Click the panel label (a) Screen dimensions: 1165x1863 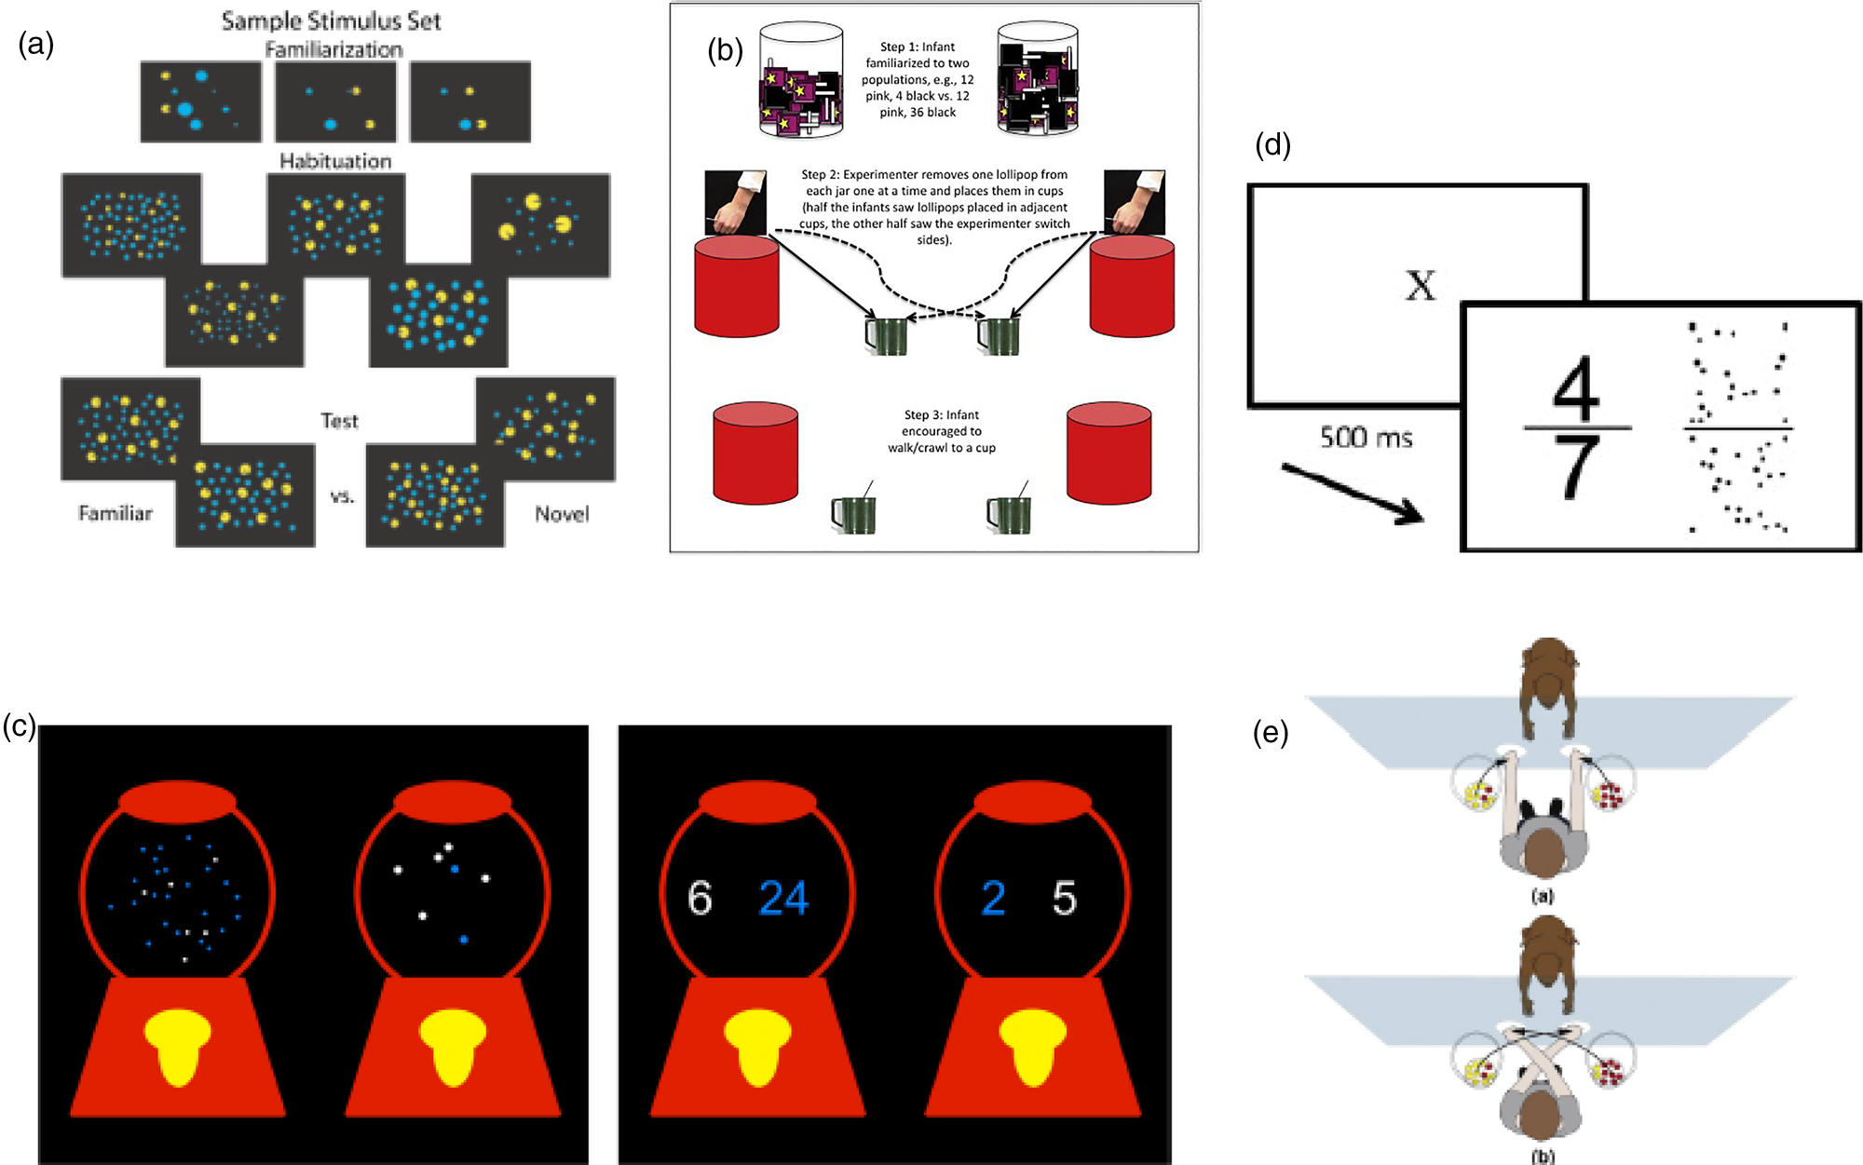click(36, 44)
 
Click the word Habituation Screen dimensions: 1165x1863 click(335, 161)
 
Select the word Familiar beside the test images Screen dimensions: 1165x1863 click(116, 513)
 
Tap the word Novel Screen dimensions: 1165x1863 click(562, 514)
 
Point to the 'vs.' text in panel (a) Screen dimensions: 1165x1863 click(342, 496)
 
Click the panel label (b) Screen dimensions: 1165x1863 click(725, 50)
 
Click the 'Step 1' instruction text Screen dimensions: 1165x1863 click(918, 79)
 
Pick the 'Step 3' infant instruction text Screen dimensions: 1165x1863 click(941, 431)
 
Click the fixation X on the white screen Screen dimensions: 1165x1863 click(1420, 285)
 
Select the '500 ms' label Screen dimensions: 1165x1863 click(1366, 437)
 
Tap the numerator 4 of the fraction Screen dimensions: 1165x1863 click(1576, 388)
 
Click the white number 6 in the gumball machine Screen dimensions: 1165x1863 click(700, 899)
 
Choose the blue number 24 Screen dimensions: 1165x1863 click(783, 899)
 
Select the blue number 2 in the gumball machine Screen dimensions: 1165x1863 click(993, 899)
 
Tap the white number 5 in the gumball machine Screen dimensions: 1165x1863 click(1065, 899)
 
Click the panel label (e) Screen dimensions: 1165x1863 click(1271, 734)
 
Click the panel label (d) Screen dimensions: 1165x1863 click(1272, 144)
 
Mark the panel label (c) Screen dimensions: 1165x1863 click(19, 726)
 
